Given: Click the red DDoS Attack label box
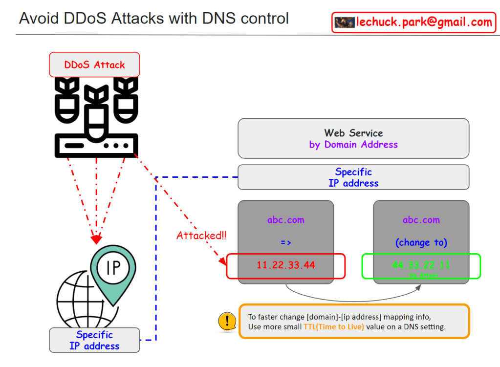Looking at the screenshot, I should [94, 65].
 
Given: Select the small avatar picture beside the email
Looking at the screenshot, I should [344, 22].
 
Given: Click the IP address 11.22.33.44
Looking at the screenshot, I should [286, 265].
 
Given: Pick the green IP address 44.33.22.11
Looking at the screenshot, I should [421, 265].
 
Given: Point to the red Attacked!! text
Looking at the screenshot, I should [201, 236].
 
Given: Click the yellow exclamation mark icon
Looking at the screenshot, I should [226, 321].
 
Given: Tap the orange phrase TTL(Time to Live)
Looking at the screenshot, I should [333, 327].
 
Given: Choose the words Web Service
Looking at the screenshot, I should [353, 133].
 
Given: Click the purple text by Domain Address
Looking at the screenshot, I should [353, 145].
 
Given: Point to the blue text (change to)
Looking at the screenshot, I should [421, 242].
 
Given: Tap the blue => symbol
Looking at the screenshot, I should [286, 242].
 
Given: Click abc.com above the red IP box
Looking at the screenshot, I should [286, 220].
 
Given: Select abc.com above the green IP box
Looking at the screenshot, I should [421, 220].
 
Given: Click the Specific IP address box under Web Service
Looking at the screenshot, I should [353, 177].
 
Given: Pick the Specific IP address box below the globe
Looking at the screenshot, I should [94, 340].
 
